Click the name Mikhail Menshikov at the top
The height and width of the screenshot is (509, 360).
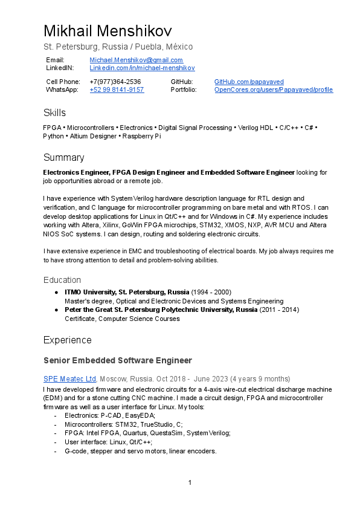[108, 31]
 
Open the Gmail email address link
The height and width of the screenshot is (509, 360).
[136, 60]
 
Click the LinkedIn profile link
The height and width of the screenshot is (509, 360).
[142, 68]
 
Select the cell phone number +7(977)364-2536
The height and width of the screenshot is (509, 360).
[115, 82]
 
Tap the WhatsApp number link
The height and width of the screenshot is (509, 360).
[117, 89]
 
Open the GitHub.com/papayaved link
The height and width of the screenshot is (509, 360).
[249, 82]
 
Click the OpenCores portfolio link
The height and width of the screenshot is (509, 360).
[273, 89]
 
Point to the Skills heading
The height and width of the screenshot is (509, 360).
[54, 113]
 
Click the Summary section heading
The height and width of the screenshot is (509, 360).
[63, 158]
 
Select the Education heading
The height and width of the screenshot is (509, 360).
[62, 280]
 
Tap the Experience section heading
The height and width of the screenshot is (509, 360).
[67, 340]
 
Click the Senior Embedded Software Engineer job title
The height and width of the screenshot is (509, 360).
[117, 361]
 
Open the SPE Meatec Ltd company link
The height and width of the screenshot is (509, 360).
[69, 378]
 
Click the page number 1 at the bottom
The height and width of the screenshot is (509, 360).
[190, 482]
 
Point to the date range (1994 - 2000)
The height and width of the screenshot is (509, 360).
[211, 292]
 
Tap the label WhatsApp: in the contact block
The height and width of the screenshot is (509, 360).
[62, 89]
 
